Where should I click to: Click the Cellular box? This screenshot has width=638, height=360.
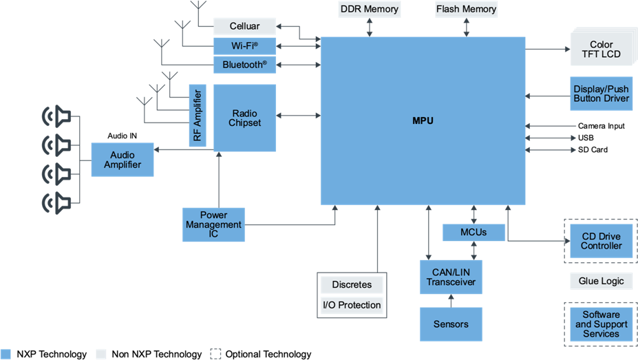(x=244, y=26)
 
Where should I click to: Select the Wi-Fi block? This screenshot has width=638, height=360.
(x=244, y=46)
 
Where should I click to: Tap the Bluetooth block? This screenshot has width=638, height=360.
(x=244, y=65)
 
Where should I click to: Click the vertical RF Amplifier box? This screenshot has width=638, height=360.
(x=198, y=116)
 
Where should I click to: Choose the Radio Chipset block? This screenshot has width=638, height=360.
(x=244, y=118)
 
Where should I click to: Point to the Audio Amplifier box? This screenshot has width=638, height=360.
(x=123, y=160)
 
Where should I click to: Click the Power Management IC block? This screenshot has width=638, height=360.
(x=213, y=224)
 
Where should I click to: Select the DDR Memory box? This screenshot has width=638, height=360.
(x=370, y=9)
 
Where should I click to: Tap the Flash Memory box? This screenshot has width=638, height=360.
(x=467, y=9)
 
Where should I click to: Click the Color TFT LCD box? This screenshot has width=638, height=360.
(x=602, y=50)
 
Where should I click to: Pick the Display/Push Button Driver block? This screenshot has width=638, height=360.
(x=602, y=94)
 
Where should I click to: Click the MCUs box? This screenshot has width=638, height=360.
(x=474, y=232)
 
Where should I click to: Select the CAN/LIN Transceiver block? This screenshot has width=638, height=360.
(x=451, y=277)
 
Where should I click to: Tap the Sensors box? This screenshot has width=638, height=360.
(x=451, y=324)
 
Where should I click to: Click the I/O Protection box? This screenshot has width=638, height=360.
(x=352, y=305)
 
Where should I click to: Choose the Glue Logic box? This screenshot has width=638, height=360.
(x=602, y=281)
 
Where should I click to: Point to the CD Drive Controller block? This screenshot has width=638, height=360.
(x=602, y=241)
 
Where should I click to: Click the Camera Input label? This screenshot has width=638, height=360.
(x=601, y=126)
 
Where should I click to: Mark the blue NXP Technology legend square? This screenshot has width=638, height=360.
(x=6, y=354)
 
